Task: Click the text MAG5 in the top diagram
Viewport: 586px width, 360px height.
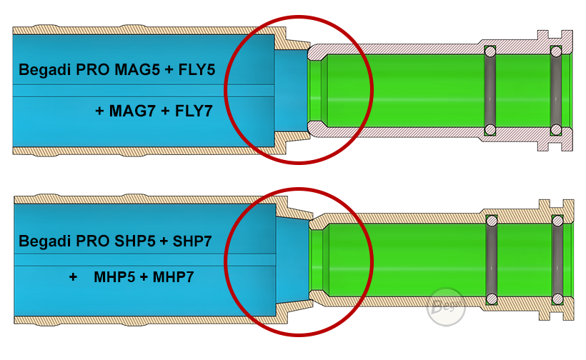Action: pyautogui.click(x=136, y=70)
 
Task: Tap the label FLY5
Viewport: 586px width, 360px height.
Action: pyautogui.click(x=197, y=70)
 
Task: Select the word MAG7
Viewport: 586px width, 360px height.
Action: pyautogui.click(x=132, y=111)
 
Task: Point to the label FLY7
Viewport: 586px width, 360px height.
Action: pyautogui.click(x=194, y=111)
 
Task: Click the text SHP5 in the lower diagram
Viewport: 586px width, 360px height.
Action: pyautogui.click(x=134, y=241)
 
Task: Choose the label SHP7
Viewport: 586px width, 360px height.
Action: pyautogui.click(x=192, y=241)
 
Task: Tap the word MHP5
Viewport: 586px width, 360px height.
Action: pyautogui.click(x=114, y=277)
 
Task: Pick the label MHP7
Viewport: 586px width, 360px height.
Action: pyautogui.click(x=173, y=277)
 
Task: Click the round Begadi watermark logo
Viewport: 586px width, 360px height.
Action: pyautogui.click(x=446, y=307)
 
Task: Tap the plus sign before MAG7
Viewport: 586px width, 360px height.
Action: pyautogui.click(x=99, y=111)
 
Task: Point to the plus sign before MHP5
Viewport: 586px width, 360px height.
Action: pyautogui.click(x=73, y=277)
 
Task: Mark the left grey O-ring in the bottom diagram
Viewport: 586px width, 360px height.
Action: pyautogui.click(x=491, y=260)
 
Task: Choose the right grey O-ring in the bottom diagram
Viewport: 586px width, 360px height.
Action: pyautogui.click(x=557, y=260)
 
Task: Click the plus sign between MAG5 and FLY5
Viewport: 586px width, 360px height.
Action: pyautogui.click(x=169, y=70)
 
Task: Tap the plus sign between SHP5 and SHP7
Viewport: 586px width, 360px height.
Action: pyautogui.click(x=164, y=241)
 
